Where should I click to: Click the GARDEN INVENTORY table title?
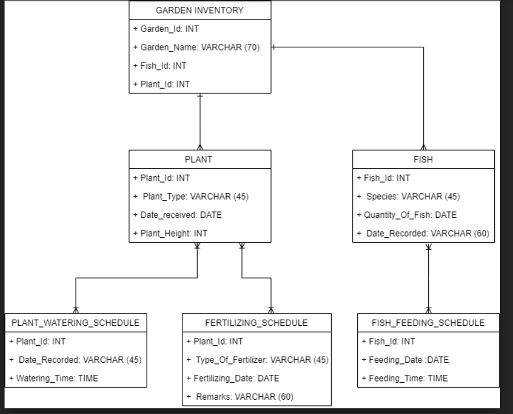click(199, 10)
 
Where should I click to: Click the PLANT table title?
click(199, 159)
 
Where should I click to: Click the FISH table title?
click(423, 159)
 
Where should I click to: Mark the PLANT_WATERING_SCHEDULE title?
click(76, 322)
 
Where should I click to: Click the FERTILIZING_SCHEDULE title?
click(256, 322)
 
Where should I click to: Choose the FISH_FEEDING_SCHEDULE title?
click(428, 322)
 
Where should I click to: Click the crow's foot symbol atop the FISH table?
click(423, 146)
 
